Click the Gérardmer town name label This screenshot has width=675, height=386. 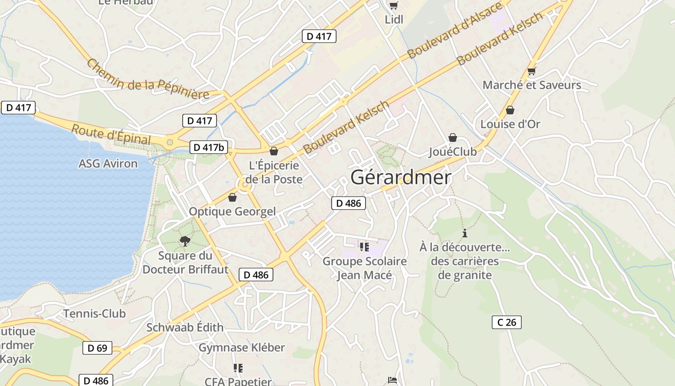coord(401,178)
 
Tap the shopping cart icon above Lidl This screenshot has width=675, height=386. coord(394,6)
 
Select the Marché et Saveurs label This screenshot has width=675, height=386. coord(532,85)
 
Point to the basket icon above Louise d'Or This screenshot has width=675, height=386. coord(510,110)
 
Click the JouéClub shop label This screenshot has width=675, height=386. coord(453,152)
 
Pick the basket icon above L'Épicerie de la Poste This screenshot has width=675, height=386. coord(274,151)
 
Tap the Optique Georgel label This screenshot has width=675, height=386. coord(232,211)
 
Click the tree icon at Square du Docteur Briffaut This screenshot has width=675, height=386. coord(185,241)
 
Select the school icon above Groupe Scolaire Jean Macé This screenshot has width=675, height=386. coord(364,247)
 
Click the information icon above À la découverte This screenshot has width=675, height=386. coord(465,234)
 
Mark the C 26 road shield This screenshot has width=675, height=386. coord(507,322)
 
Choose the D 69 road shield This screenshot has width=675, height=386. coord(97,348)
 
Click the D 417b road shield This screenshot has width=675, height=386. coord(208,147)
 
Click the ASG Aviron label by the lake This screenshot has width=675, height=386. coord(108,164)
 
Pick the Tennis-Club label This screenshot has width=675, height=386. coord(94,314)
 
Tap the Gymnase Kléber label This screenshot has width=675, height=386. coord(242,347)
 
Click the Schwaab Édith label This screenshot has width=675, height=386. coord(185,327)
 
